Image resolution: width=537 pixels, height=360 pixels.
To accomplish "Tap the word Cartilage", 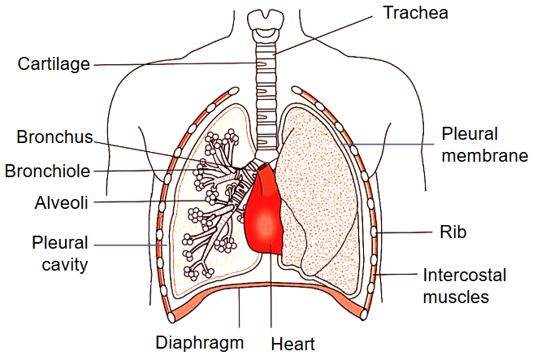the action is click(54, 64).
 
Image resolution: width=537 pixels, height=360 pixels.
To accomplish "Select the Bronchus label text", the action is click(54, 137).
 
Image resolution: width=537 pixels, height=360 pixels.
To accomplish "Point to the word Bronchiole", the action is click(46, 171).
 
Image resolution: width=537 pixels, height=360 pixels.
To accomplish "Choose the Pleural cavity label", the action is click(60, 253).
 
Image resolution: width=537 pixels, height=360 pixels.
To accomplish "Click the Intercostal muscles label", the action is click(463, 285).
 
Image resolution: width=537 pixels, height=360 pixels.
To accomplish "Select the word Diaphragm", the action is click(199, 342).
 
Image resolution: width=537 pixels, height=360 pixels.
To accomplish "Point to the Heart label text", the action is click(293, 344).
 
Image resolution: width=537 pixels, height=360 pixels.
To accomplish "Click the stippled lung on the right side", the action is click(321, 187).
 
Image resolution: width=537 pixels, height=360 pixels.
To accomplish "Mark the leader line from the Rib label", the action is click(406, 232).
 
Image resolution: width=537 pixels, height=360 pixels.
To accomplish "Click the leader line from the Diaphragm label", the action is click(240, 313).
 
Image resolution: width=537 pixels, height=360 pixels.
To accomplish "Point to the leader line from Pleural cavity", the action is click(130, 244).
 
